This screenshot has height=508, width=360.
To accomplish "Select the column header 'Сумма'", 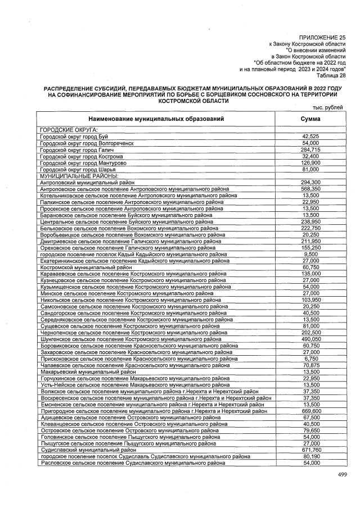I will [x=310, y=119].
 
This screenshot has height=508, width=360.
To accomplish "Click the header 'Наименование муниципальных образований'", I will [x=156, y=119].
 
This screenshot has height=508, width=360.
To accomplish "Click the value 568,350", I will [x=310, y=189].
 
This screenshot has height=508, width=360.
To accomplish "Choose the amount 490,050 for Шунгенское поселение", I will [x=310, y=339].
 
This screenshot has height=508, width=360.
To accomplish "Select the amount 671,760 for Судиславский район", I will [x=310, y=450].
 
